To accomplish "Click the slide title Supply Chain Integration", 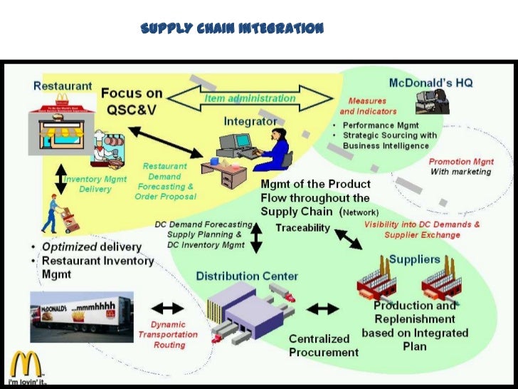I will [232, 28].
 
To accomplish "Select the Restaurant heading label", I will [63, 86].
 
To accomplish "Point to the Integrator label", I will [250, 121].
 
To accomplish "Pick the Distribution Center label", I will [247, 276].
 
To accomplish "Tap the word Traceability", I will [302, 227].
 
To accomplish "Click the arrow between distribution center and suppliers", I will [324, 308].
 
